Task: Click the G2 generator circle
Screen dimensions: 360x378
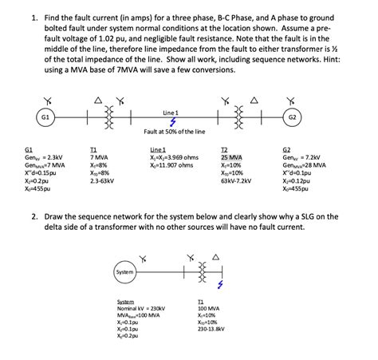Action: [335, 116]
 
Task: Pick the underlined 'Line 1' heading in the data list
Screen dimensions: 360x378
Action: [157, 149]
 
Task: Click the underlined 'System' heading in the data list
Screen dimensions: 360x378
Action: [125, 300]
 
